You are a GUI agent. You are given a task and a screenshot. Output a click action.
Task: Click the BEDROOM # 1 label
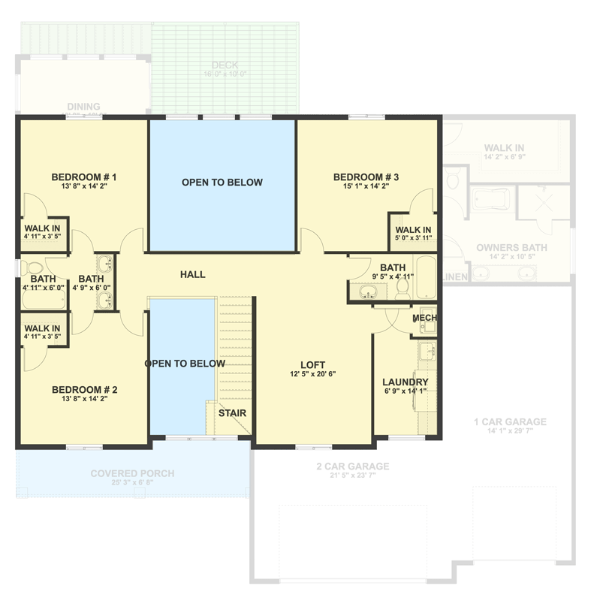click(x=83, y=177)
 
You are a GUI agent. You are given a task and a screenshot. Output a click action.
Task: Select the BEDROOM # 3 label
click(x=366, y=177)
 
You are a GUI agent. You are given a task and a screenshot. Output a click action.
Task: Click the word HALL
click(x=192, y=275)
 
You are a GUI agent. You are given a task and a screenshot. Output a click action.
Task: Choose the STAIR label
click(x=232, y=412)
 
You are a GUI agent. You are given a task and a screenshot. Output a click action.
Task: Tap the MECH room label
click(x=425, y=319)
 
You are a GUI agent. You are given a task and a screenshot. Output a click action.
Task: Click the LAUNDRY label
click(x=405, y=382)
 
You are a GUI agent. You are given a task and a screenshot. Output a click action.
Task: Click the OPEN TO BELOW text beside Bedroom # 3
click(x=222, y=183)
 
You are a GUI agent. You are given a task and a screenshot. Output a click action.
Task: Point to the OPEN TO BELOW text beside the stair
click(x=185, y=364)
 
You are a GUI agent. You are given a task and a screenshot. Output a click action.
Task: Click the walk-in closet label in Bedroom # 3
click(x=413, y=230)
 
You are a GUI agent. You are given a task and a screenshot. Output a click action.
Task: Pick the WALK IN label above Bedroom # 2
click(x=42, y=328)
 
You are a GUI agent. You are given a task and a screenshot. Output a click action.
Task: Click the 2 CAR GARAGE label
click(x=352, y=467)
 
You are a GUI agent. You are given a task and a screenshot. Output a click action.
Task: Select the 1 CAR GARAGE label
click(x=510, y=421)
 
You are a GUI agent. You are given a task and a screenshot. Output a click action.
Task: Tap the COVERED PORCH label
click(x=132, y=473)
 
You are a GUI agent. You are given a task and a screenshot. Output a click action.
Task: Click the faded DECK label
click(x=225, y=65)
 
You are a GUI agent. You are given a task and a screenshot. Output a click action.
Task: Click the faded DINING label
click(x=83, y=107)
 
